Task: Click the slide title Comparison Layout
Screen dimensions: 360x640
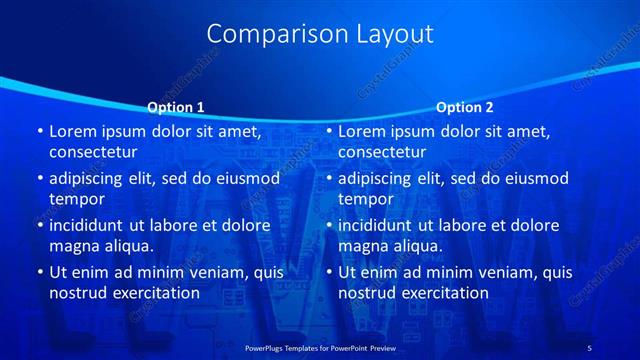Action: (320, 34)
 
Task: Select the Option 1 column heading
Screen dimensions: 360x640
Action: (175, 107)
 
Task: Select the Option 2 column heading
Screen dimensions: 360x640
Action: (464, 107)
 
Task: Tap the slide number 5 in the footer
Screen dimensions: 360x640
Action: (589, 346)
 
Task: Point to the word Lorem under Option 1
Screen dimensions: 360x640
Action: (71, 131)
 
